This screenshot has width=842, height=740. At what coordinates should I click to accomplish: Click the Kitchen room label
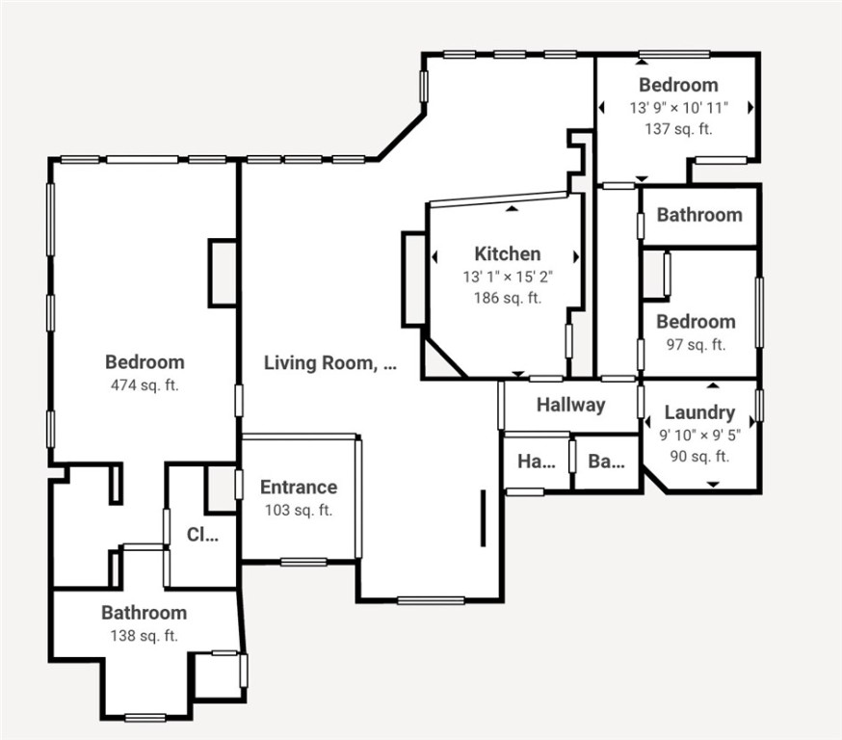click(x=507, y=254)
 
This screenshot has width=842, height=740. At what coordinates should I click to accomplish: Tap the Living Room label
click(x=329, y=363)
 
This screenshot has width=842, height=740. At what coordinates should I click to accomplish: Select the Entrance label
click(x=299, y=488)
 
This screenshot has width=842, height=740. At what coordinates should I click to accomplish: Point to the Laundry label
click(x=699, y=412)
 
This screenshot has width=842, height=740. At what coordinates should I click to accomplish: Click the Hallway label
click(x=570, y=405)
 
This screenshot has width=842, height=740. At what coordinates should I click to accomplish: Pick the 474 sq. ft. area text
click(x=145, y=385)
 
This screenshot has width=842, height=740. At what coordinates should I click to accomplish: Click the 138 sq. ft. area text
click(x=145, y=635)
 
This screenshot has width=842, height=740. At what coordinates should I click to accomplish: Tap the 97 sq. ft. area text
click(x=696, y=344)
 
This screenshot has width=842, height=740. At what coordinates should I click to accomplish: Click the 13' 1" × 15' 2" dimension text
click(x=507, y=277)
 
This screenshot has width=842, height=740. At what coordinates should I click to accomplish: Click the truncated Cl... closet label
click(x=202, y=535)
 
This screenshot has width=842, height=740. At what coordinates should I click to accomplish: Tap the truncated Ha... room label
click(x=537, y=462)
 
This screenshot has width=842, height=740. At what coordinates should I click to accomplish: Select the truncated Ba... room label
click(x=606, y=462)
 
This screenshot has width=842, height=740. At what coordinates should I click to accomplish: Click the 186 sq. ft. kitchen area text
click(x=507, y=298)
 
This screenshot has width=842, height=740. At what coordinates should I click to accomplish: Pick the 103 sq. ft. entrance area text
click(x=299, y=510)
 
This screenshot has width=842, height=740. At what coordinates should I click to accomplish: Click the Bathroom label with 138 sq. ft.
click(x=145, y=613)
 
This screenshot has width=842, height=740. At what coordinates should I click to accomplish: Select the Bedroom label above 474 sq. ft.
click(x=145, y=362)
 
